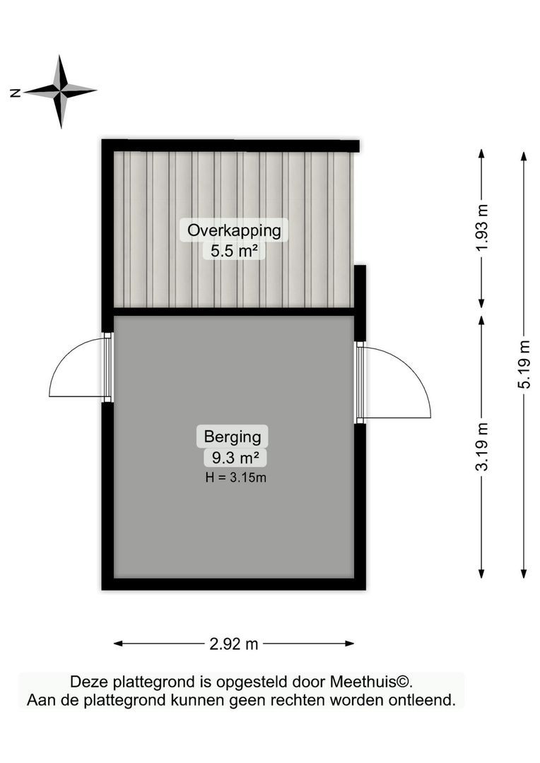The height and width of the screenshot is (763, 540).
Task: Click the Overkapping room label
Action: [x=233, y=230]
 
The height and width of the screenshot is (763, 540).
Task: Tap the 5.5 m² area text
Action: [x=233, y=250]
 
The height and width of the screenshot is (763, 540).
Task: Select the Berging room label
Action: [x=233, y=437]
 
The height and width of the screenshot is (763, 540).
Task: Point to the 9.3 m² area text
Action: [x=233, y=458]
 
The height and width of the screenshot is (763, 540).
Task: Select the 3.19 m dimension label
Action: [x=482, y=446]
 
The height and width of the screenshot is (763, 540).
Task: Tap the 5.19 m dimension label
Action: [x=524, y=365]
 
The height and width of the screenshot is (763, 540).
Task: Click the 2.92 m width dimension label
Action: [x=234, y=644]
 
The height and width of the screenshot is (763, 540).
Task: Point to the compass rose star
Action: [x=61, y=91]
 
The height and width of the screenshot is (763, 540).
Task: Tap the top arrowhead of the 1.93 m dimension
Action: [x=482, y=153]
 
